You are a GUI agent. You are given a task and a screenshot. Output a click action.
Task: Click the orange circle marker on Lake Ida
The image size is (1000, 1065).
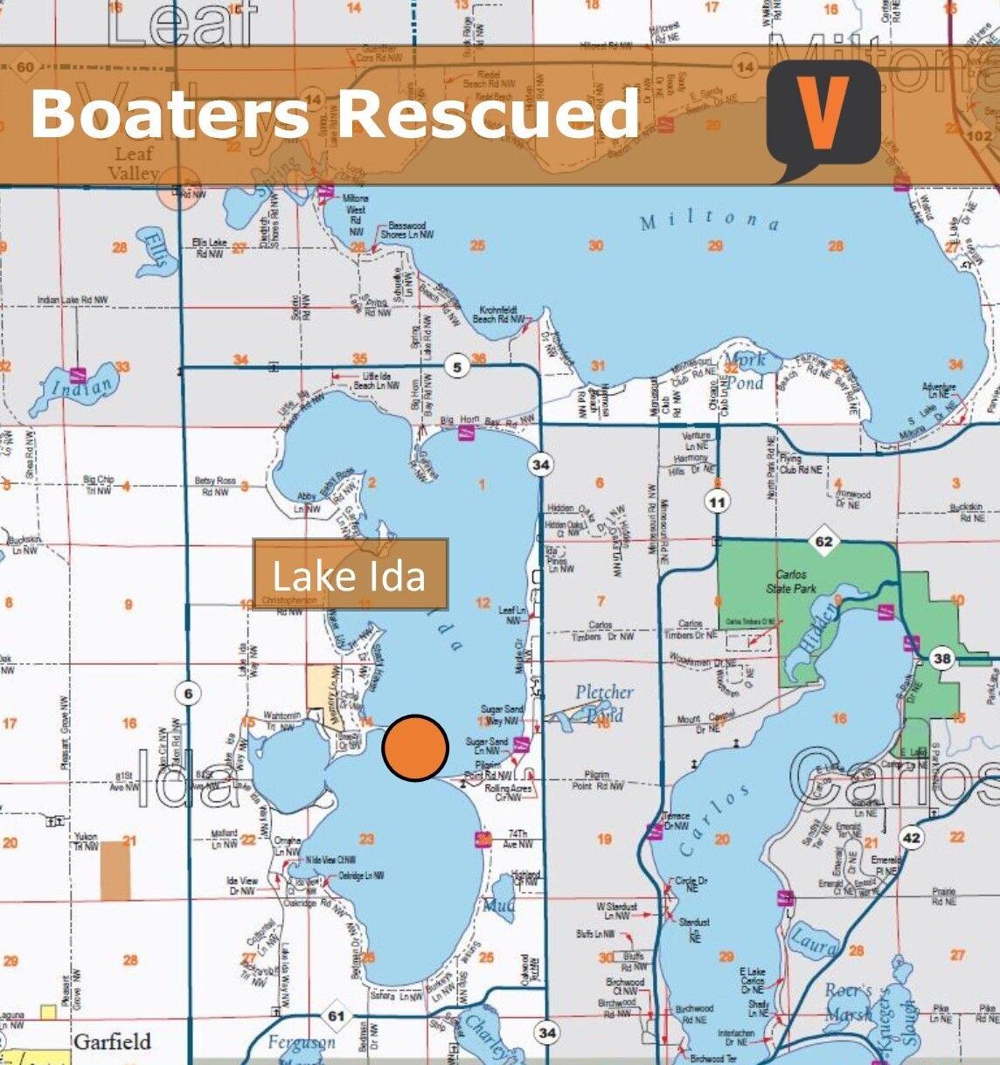[415, 747]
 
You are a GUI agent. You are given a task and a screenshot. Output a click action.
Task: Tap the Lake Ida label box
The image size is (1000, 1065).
[350, 575]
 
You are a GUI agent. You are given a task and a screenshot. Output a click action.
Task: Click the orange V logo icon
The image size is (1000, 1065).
[823, 114]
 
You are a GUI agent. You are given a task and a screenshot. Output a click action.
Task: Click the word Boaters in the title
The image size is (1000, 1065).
[169, 114]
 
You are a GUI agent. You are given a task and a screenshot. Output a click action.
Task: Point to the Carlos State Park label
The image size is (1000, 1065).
[790, 582]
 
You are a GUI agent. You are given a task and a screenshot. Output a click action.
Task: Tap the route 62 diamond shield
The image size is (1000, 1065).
[823, 542]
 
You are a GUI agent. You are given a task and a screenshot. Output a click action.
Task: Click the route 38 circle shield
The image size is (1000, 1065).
[941, 660]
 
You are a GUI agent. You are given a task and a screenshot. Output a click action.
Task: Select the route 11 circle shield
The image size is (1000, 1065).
[718, 502]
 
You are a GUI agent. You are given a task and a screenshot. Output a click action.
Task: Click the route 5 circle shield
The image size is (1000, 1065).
[458, 368]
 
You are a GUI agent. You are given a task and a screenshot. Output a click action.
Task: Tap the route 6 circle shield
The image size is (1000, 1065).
[187, 694]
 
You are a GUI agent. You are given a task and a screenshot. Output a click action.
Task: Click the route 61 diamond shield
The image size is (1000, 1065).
[337, 1015]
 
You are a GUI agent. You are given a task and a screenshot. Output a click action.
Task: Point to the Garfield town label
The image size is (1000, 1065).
[112, 1041]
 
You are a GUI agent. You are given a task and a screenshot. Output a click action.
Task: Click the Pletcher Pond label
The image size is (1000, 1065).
[604, 702]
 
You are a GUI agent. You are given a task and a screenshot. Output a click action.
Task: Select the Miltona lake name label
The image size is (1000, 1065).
[709, 220]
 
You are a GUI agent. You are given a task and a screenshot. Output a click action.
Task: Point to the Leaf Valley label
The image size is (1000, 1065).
[134, 163]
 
